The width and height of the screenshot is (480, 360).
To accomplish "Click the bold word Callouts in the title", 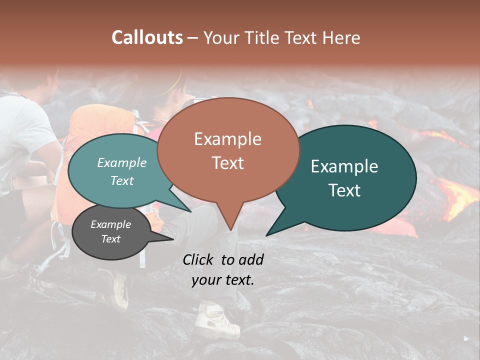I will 147,37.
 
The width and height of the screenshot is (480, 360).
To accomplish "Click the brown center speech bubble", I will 228,150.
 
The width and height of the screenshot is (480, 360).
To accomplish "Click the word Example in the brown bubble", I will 227,139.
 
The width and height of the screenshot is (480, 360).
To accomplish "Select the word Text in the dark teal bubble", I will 345,190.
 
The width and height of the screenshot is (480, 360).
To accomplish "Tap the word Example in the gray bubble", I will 110,224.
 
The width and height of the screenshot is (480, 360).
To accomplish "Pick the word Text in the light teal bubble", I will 122,181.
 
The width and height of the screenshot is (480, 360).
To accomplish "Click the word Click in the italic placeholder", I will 198,259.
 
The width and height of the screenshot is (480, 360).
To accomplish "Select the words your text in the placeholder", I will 222,280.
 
